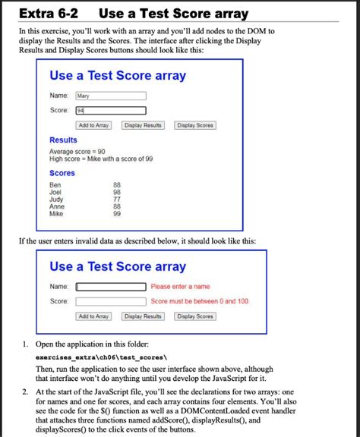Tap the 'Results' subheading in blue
63,140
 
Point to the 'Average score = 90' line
77,152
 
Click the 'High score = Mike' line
101,159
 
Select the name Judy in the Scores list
56,200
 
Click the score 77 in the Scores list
117,200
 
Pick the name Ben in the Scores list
55,185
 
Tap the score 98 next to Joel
117,193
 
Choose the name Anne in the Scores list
57,207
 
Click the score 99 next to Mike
117,214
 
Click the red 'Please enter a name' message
181,287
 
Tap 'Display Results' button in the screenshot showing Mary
144,125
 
